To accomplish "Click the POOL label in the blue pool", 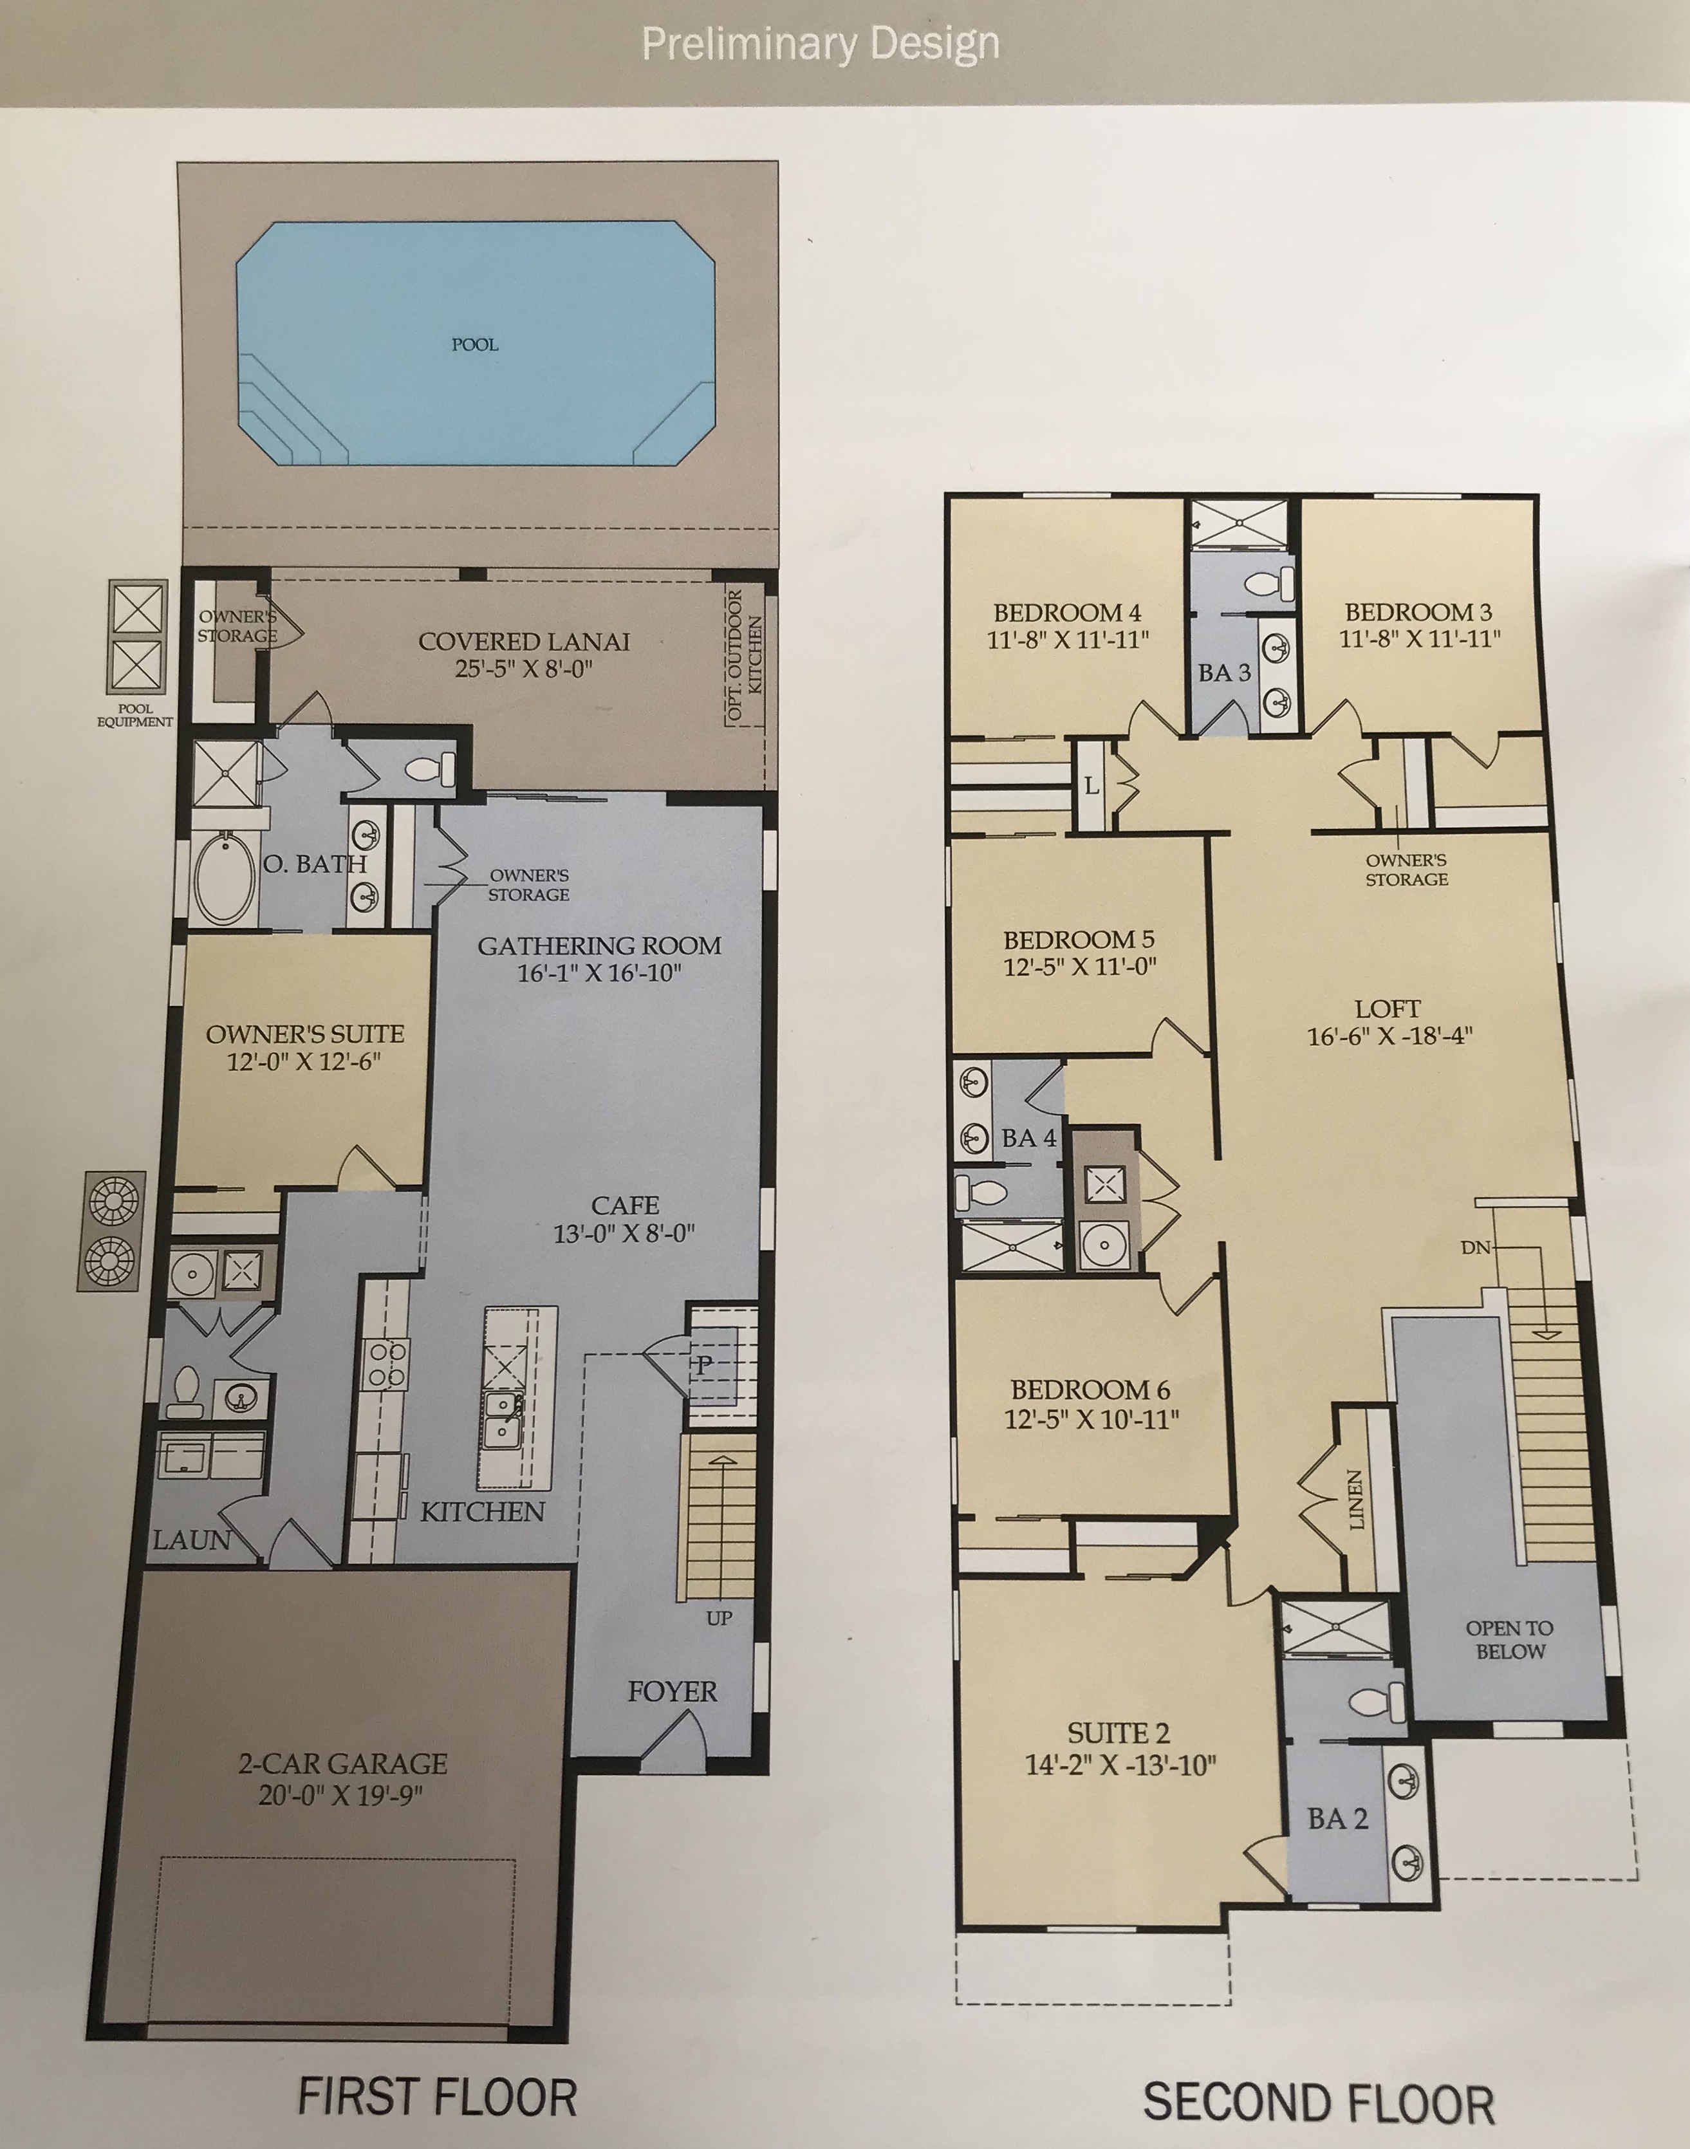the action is click(x=475, y=344).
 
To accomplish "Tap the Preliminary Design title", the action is click(x=821, y=44).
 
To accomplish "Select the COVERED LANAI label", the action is click(x=525, y=641).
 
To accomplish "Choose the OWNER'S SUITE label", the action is click(x=305, y=1034).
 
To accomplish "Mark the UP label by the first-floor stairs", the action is click(x=720, y=1617).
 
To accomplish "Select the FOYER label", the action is click(x=672, y=1691).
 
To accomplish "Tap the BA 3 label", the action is click(x=1225, y=673).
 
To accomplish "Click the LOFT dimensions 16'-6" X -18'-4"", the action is click(x=1390, y=1036).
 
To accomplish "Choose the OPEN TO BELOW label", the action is click(x=1510, y=1639).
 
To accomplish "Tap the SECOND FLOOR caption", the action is click(x=1319, y=2103).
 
